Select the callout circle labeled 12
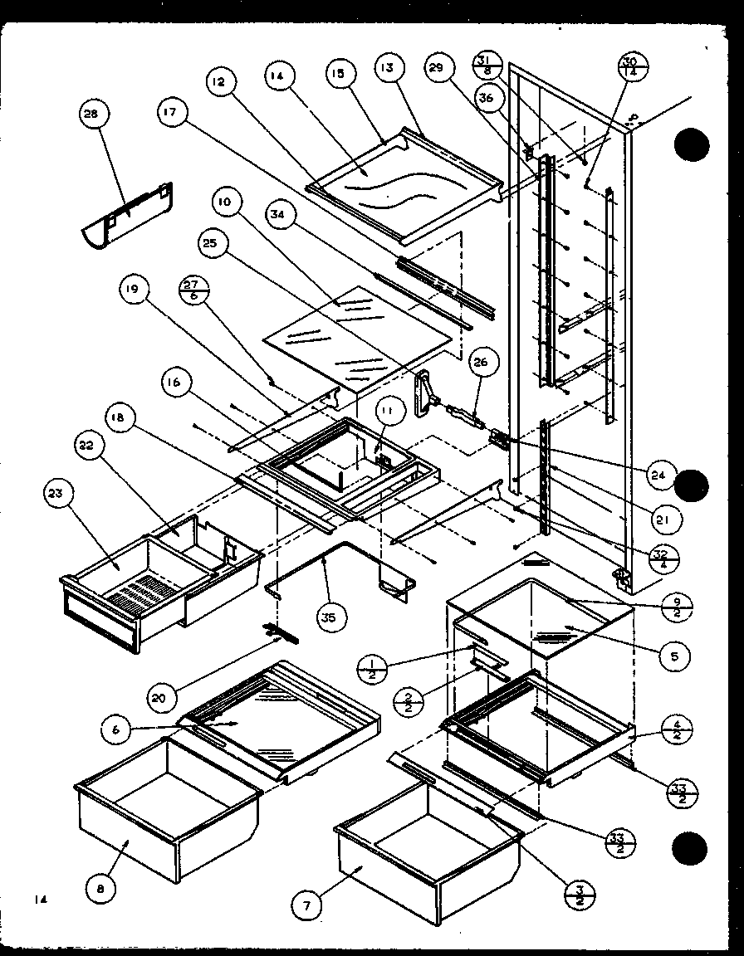pyautogui.click(x=218, y=82)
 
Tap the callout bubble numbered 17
pyautogui.click(x=174, y=114)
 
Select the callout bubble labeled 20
pyautogui.click(x=159, y=698)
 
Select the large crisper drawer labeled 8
pyautogui.click(x=166, y=809)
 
